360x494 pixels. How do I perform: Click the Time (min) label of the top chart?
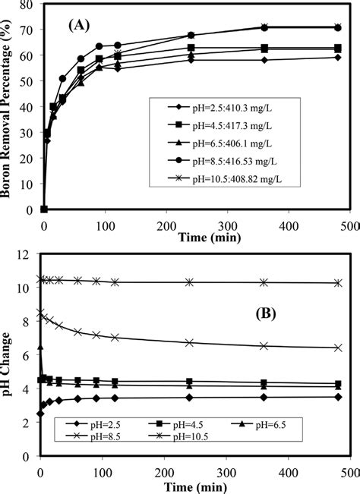coord(209,237)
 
